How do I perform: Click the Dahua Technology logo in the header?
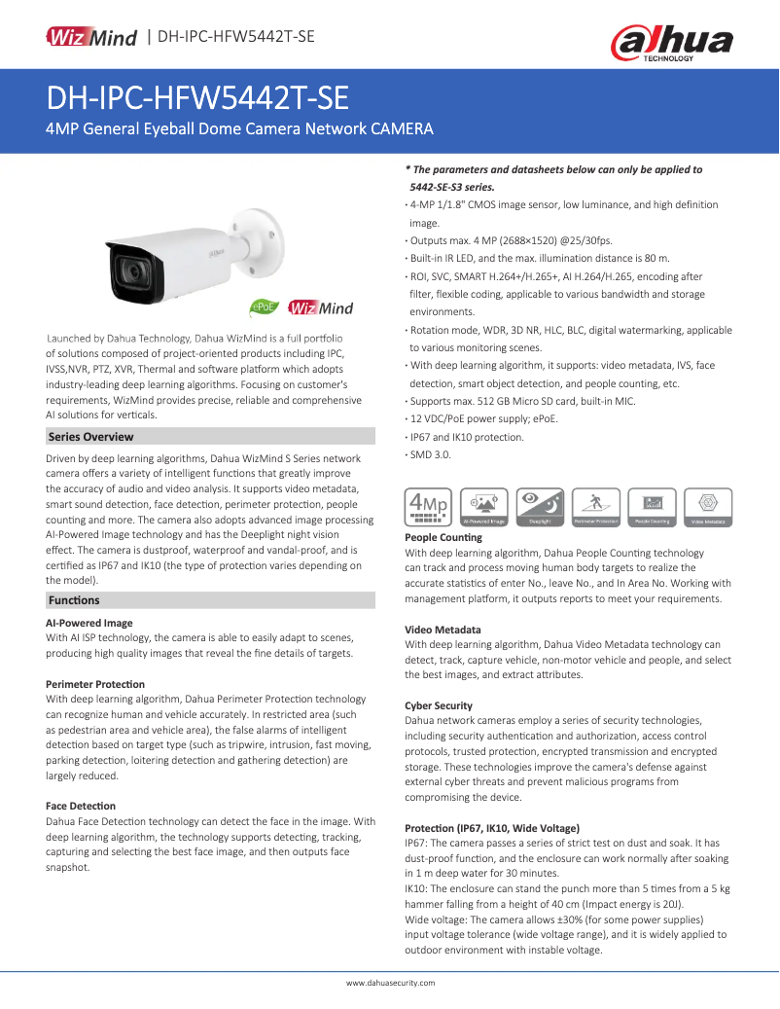click(x=671, y=43)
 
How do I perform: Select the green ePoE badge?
click(x=265, y=306)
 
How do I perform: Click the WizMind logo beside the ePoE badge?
click(x=321, y=307)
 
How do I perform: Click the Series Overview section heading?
click(x=91, y=437)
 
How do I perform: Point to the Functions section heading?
click(x=74, y=600)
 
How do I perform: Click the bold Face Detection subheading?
click(x=81, y=806)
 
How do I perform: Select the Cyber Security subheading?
click(x=439, y=705)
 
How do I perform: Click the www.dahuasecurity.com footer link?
click(x=391, y=983)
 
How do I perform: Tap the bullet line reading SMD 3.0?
click(x=430, y=454)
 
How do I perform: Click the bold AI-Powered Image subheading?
click(x=89, y=623)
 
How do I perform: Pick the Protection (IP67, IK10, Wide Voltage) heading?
click(x=492, y=828)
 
